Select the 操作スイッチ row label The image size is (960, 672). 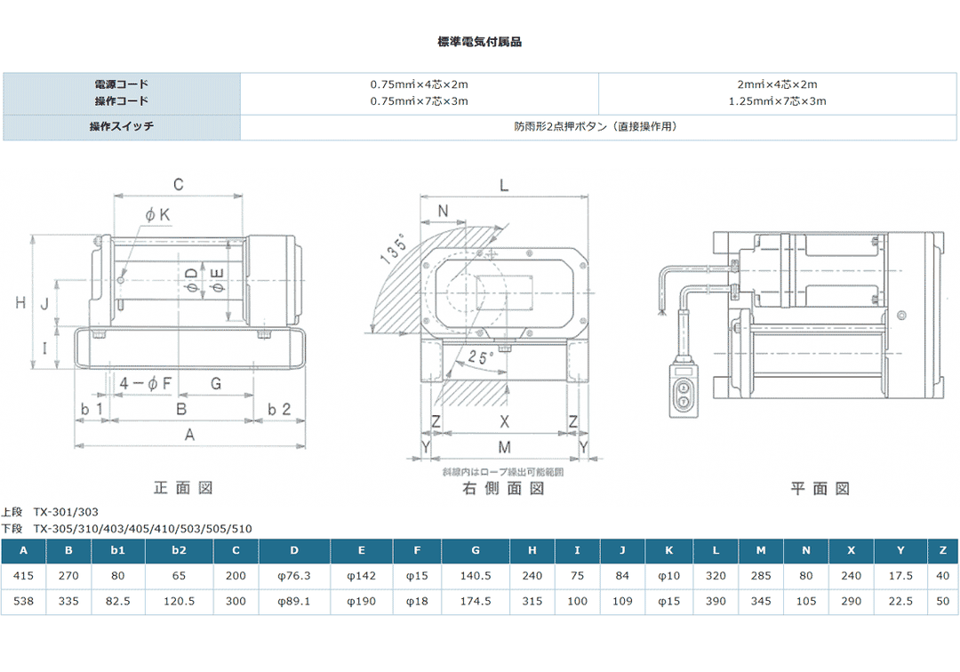pyautogui.click(x=122, y=127)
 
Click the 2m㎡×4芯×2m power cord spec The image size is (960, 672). pyautogui.click(x=777, y=84)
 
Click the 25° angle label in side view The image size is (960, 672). pyautogui.click(x=481, y=357)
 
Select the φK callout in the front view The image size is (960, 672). pyautogui.click(x=157, y=214)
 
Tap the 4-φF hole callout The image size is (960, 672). pyautogui.click(x=145, y=383)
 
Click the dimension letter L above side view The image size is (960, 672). pyautogui.click(x=503, y=185)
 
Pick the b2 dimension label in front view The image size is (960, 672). pyautogui.click(x=280, y=408)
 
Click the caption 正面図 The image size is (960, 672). pyautogui.click(x=183, y=488)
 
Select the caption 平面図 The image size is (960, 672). pyautogui.click(x=820, y=488)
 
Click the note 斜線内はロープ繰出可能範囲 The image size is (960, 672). pyautogui.click(x=502, y=472)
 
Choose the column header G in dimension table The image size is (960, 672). pyautogui.click(x=476, y=550)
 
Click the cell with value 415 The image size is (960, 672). pyautogui.click(x=23, y=576)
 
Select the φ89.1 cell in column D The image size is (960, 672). pyautogui.click(x=294, y=602)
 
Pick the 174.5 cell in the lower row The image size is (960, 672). pyautogui.click(x=476, y=602)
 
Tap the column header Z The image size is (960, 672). pyautogui.click(x=942, y=550)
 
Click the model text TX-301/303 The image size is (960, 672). pyautogui.click(x=66, y=512)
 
